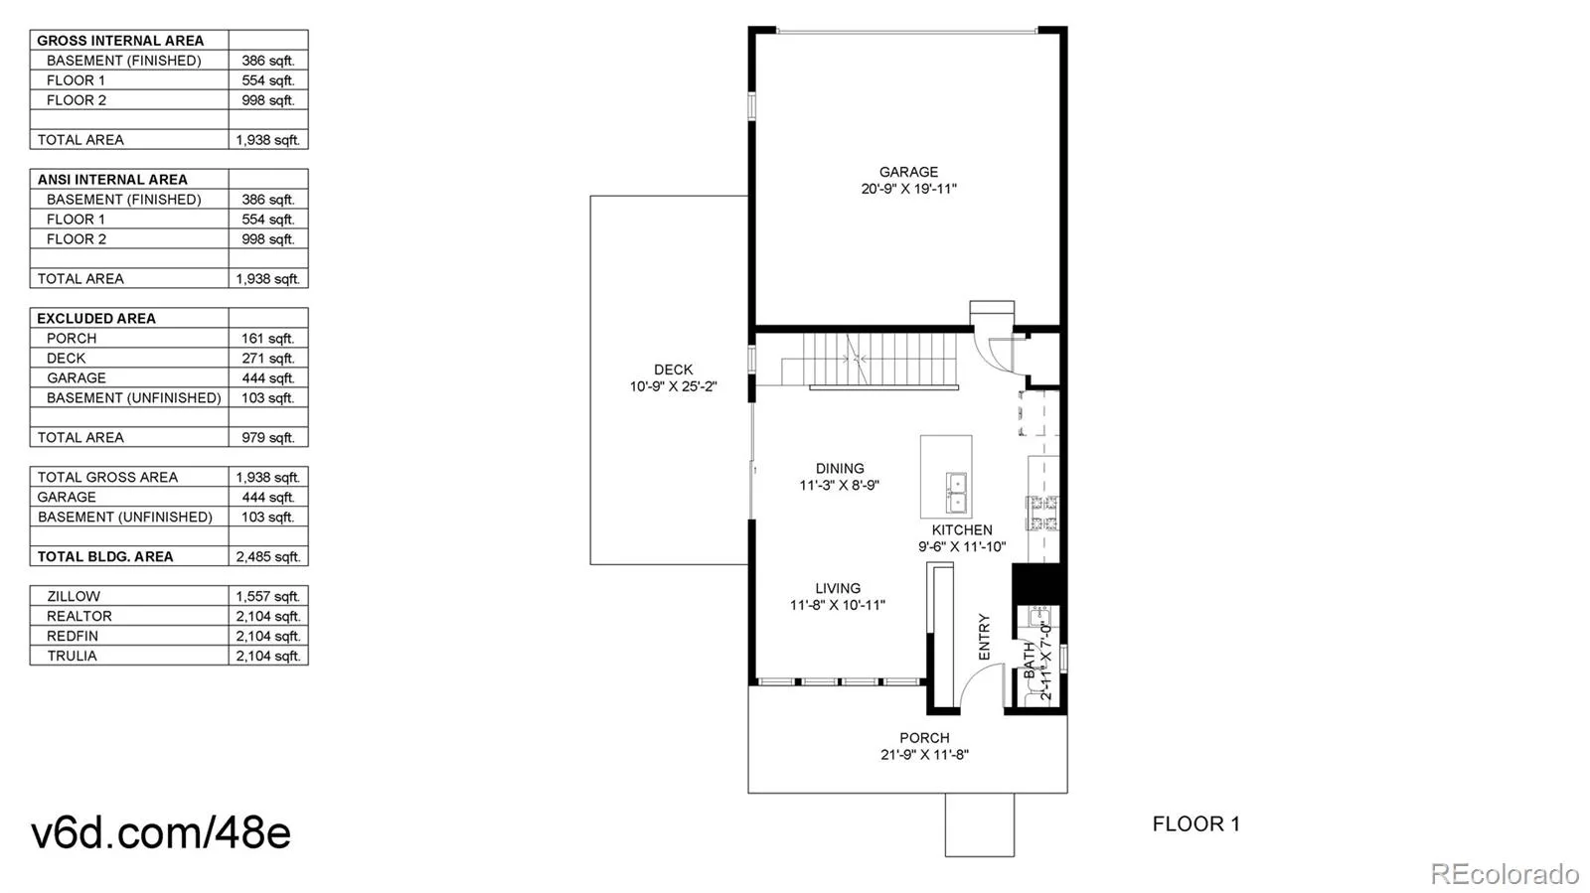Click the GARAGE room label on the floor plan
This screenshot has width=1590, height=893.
[908, 172]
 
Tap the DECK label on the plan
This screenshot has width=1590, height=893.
[673, 370]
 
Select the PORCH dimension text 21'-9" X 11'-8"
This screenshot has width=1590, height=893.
[925, 755]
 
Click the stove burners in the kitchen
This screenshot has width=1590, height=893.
[1042, 513]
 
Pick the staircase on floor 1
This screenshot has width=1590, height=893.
[870, 361]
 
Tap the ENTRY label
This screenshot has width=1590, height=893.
[984, 637]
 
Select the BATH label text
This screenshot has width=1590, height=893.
[1030, 660]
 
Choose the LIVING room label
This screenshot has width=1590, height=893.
[838, 588]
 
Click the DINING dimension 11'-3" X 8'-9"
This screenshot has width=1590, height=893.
[840, 486]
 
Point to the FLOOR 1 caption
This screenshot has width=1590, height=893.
[1196, 824]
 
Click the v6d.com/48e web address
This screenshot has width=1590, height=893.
[161, 832]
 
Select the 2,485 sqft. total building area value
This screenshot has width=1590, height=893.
[268, 557]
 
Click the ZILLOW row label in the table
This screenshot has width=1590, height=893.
[74, 597]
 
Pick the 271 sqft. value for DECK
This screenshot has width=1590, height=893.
[268, 359]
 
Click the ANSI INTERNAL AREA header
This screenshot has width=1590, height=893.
[112, 180]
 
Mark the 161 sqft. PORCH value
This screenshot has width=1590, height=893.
[268, 339]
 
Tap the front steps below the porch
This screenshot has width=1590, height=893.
[980, 824]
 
